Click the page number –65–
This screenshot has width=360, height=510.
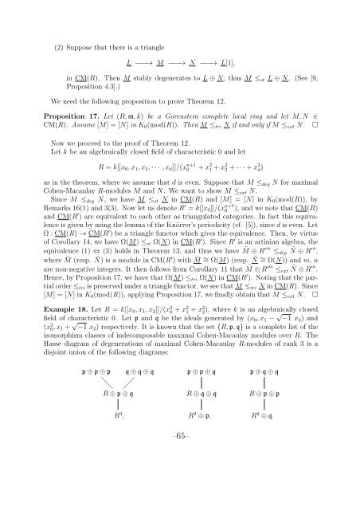pos(180,487)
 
